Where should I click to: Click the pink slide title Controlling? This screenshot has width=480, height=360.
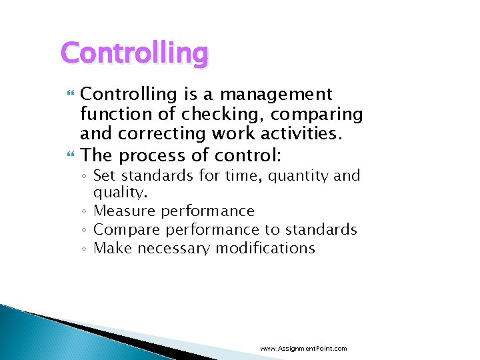click(x=135, y=53)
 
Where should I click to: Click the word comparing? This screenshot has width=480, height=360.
click(x=319, y=115)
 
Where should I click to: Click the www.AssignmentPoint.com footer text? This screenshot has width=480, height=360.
click(x=303, y=348)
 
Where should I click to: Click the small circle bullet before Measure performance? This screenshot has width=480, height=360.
click(x=83, y=212)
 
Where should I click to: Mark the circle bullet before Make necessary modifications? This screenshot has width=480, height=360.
click(x=83, y=249)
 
